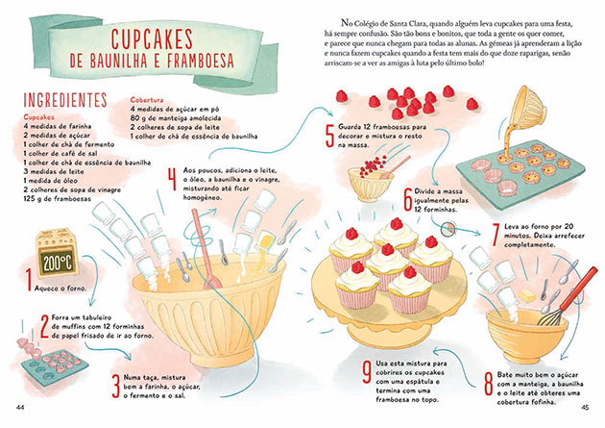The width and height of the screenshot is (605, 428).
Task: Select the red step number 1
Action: click(29, 280)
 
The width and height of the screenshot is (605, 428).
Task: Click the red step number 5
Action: click(329, 134)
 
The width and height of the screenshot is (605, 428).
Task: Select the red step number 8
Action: click(488, 385)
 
